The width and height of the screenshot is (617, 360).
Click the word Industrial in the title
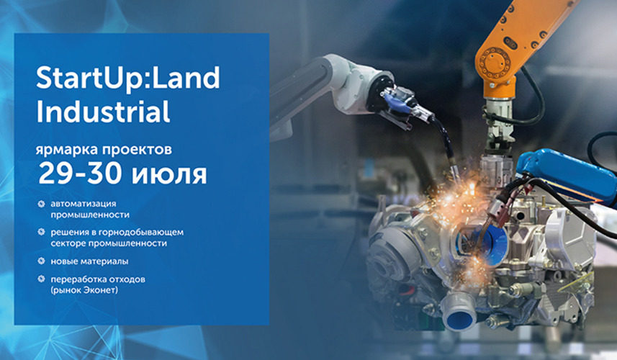coord(103,112)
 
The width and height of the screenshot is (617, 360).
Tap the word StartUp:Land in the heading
coord(128,78)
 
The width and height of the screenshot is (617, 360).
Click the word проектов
coord(137,150)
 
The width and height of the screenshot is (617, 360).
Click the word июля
coord(168,175)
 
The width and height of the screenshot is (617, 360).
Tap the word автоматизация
coord(84,204)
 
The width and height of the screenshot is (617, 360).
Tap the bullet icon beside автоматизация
coord(41,204)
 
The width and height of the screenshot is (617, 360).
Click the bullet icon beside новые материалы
coord(41,261)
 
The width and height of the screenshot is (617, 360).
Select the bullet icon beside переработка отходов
coord(41,279)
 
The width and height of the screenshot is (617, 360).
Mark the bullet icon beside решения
coord(41,232)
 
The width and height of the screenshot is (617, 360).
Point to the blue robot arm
coord(567,177)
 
